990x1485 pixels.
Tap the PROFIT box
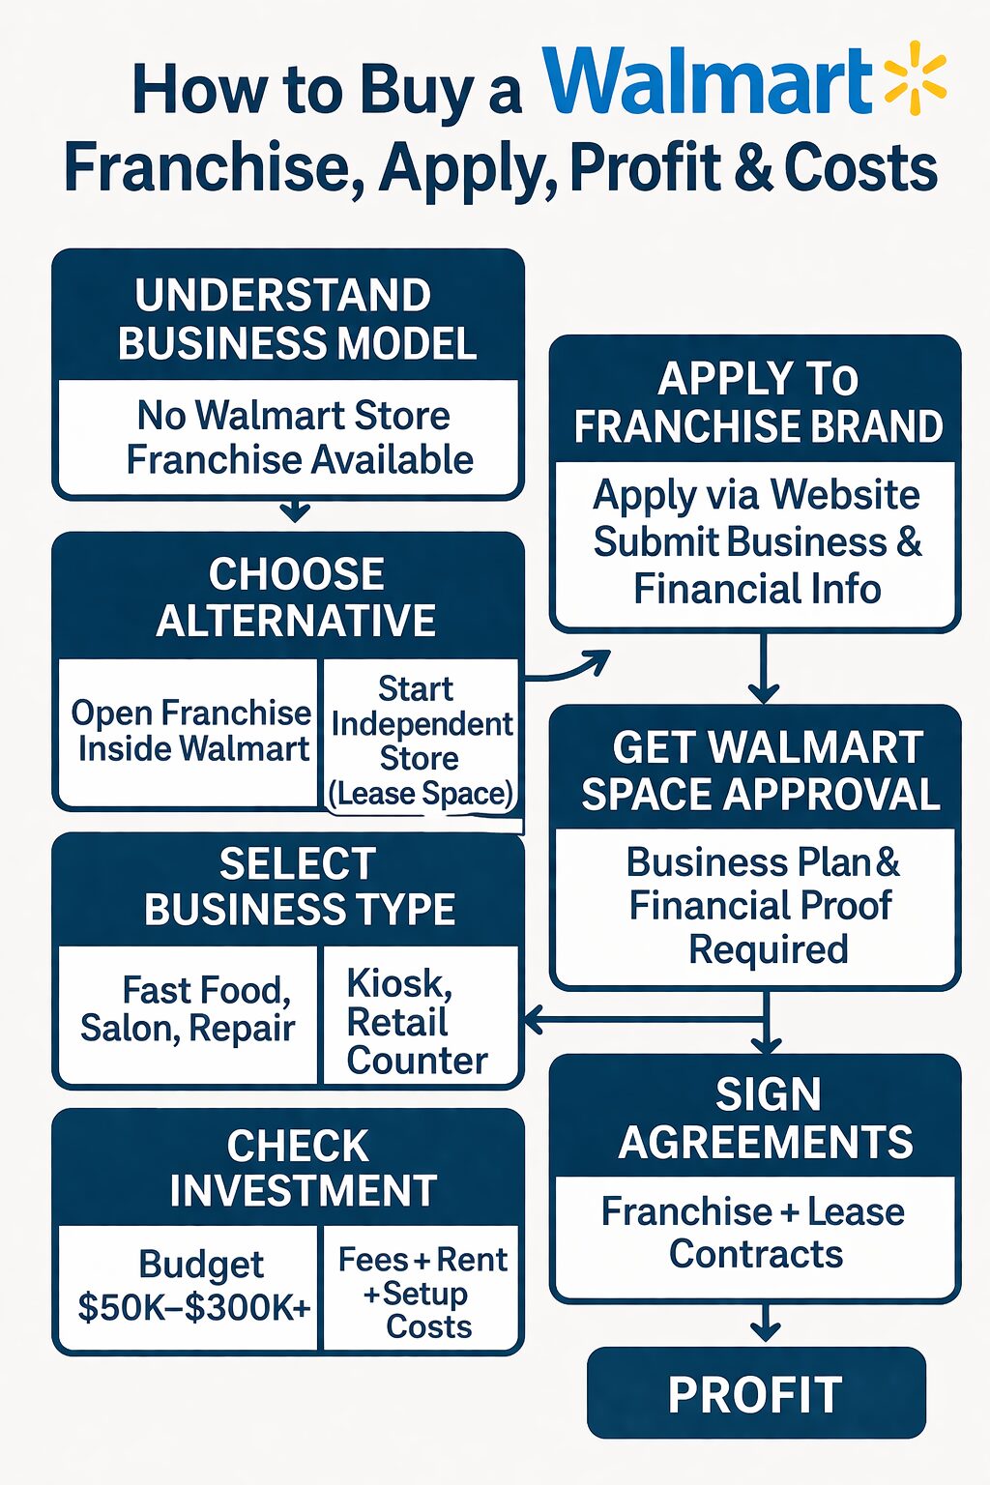point(756,1394)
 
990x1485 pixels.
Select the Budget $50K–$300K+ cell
point(193,1286)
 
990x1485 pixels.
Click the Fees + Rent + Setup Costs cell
point(422,1292)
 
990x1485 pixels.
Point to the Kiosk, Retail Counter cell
point(418,1022)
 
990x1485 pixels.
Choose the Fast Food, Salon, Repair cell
point(188,1009)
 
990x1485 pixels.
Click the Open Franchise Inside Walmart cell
point(191,730)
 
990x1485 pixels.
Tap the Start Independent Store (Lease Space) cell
point(421,741)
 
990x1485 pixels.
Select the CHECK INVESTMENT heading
point(300,1168)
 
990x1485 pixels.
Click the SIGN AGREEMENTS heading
point(765,1119)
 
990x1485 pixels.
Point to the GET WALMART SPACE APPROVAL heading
point(760,771)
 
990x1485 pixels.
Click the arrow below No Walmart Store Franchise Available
point(296,511)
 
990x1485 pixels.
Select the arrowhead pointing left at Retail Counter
point(533,1019)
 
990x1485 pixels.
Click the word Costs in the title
point(860,168)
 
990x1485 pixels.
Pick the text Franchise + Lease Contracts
point(754,1233)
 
